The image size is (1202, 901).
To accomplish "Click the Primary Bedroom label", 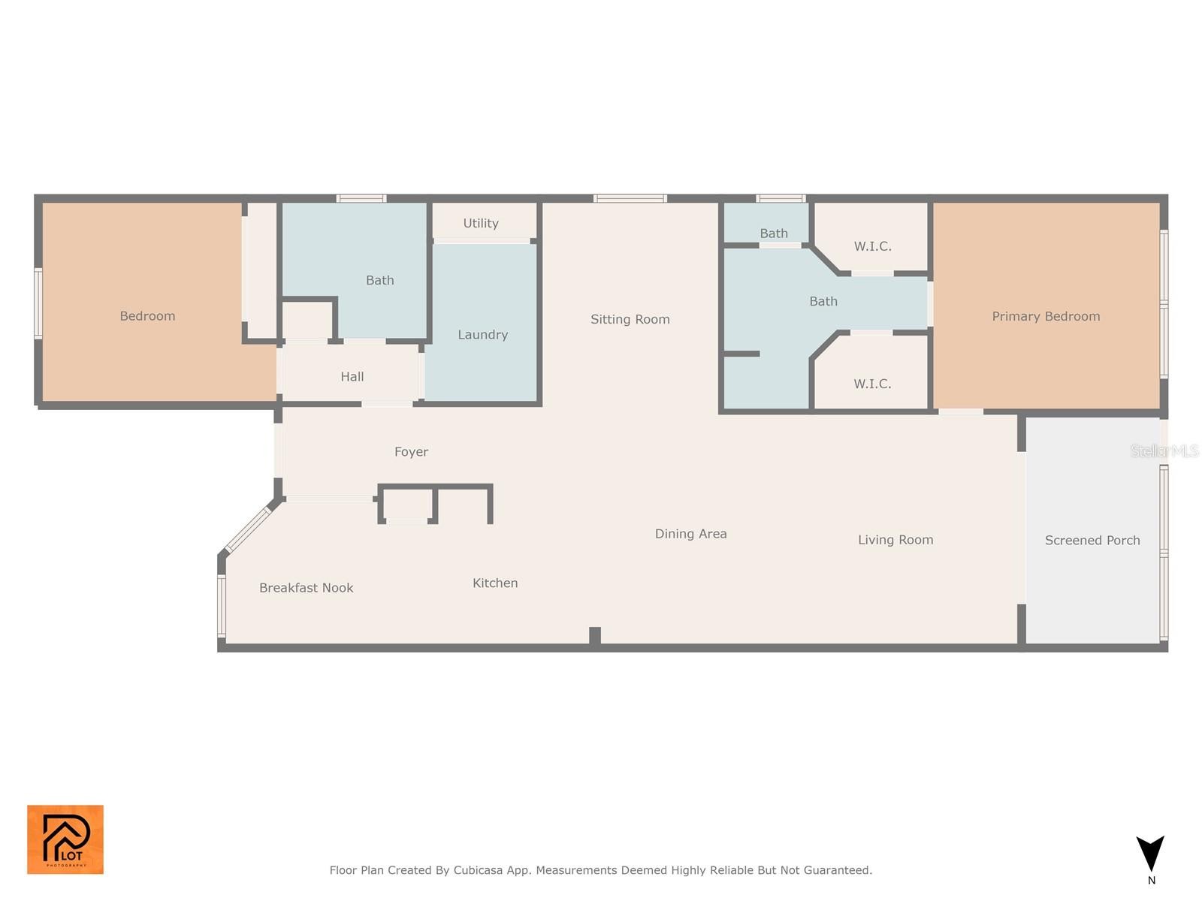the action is pos(1046,316).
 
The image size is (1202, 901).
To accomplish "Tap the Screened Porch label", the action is pos(1092,540).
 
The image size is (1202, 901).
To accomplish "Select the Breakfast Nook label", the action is pos(306,588).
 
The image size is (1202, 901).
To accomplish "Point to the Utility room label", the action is pos(481,223).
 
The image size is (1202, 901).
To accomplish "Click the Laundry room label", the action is pos(482,335).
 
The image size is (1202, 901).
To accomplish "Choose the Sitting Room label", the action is pos(630,320).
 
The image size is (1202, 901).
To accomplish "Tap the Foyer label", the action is pos(411,452).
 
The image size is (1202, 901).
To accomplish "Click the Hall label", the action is pos(352,376).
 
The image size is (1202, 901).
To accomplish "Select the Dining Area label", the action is pos(690,534).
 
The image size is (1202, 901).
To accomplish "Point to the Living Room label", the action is pos(895,540).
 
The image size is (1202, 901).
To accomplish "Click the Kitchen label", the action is pos(495,583).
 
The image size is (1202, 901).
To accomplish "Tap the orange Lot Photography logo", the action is pos(65,839).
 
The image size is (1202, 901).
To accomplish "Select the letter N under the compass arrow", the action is pos(1151,880).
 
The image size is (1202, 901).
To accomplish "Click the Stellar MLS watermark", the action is pos(1164,450).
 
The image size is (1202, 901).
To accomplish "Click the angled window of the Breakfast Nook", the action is pos(247,529).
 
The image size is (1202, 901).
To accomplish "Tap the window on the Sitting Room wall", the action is pos(630,198).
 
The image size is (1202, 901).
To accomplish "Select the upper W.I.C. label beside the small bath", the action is pos(872,246).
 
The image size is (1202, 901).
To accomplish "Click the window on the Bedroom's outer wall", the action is pos(38,303).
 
